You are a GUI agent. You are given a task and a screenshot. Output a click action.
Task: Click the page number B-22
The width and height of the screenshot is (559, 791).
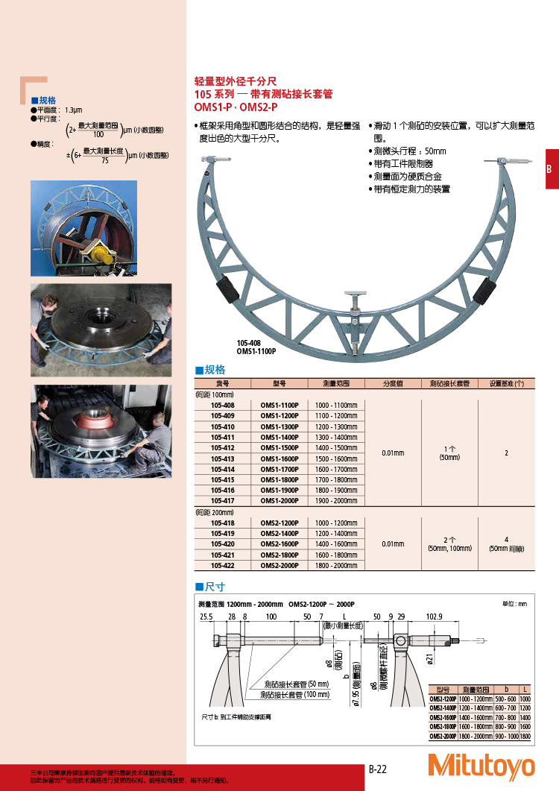[x=378, y=769]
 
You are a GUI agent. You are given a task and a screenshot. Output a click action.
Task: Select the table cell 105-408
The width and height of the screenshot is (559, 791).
[x=223, y=405]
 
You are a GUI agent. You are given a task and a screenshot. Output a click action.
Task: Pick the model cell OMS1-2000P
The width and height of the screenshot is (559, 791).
[x=279, y=501]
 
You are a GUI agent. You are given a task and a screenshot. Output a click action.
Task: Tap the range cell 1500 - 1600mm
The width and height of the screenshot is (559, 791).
[x=336, y=458]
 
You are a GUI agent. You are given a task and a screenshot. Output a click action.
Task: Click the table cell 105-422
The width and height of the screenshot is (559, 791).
[x=223, y=565]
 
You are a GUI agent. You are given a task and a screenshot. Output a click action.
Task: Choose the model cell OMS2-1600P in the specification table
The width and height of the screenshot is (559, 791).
[x=279, y=544]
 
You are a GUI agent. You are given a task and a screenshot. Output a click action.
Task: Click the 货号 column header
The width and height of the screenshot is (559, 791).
[x=223, y=383]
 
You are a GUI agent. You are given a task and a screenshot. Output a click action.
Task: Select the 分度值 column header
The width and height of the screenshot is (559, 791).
[x=393, y=383]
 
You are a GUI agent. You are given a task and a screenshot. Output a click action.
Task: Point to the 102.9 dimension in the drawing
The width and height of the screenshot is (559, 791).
[x=435, y=617]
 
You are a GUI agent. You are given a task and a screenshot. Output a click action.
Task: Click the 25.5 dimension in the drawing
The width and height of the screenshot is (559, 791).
[x=206, y=617]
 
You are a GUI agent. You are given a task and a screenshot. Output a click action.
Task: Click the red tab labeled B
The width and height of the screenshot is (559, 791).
[x=549, y=169]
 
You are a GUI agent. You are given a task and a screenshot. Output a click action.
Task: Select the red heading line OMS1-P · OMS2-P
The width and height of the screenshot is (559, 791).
[x=236, y=107]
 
